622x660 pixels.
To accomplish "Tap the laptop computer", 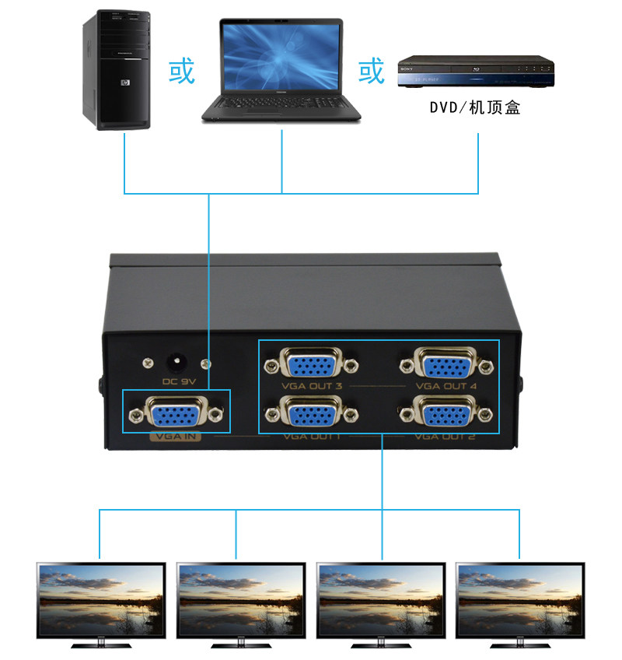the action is tap(281, 70).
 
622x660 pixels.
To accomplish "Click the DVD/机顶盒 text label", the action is tap(475, 107).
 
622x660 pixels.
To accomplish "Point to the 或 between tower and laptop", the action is tap(181, 72).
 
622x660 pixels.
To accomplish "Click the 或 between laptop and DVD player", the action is tap(372, 72).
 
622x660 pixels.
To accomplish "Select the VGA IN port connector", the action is tap(176, 412).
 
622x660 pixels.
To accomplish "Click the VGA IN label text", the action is tap(176, 437).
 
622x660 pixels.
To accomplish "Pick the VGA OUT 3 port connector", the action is tap(311, 364).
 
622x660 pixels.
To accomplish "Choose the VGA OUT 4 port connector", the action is tap(446, 364).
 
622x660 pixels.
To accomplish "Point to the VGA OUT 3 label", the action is tap(313, 386).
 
